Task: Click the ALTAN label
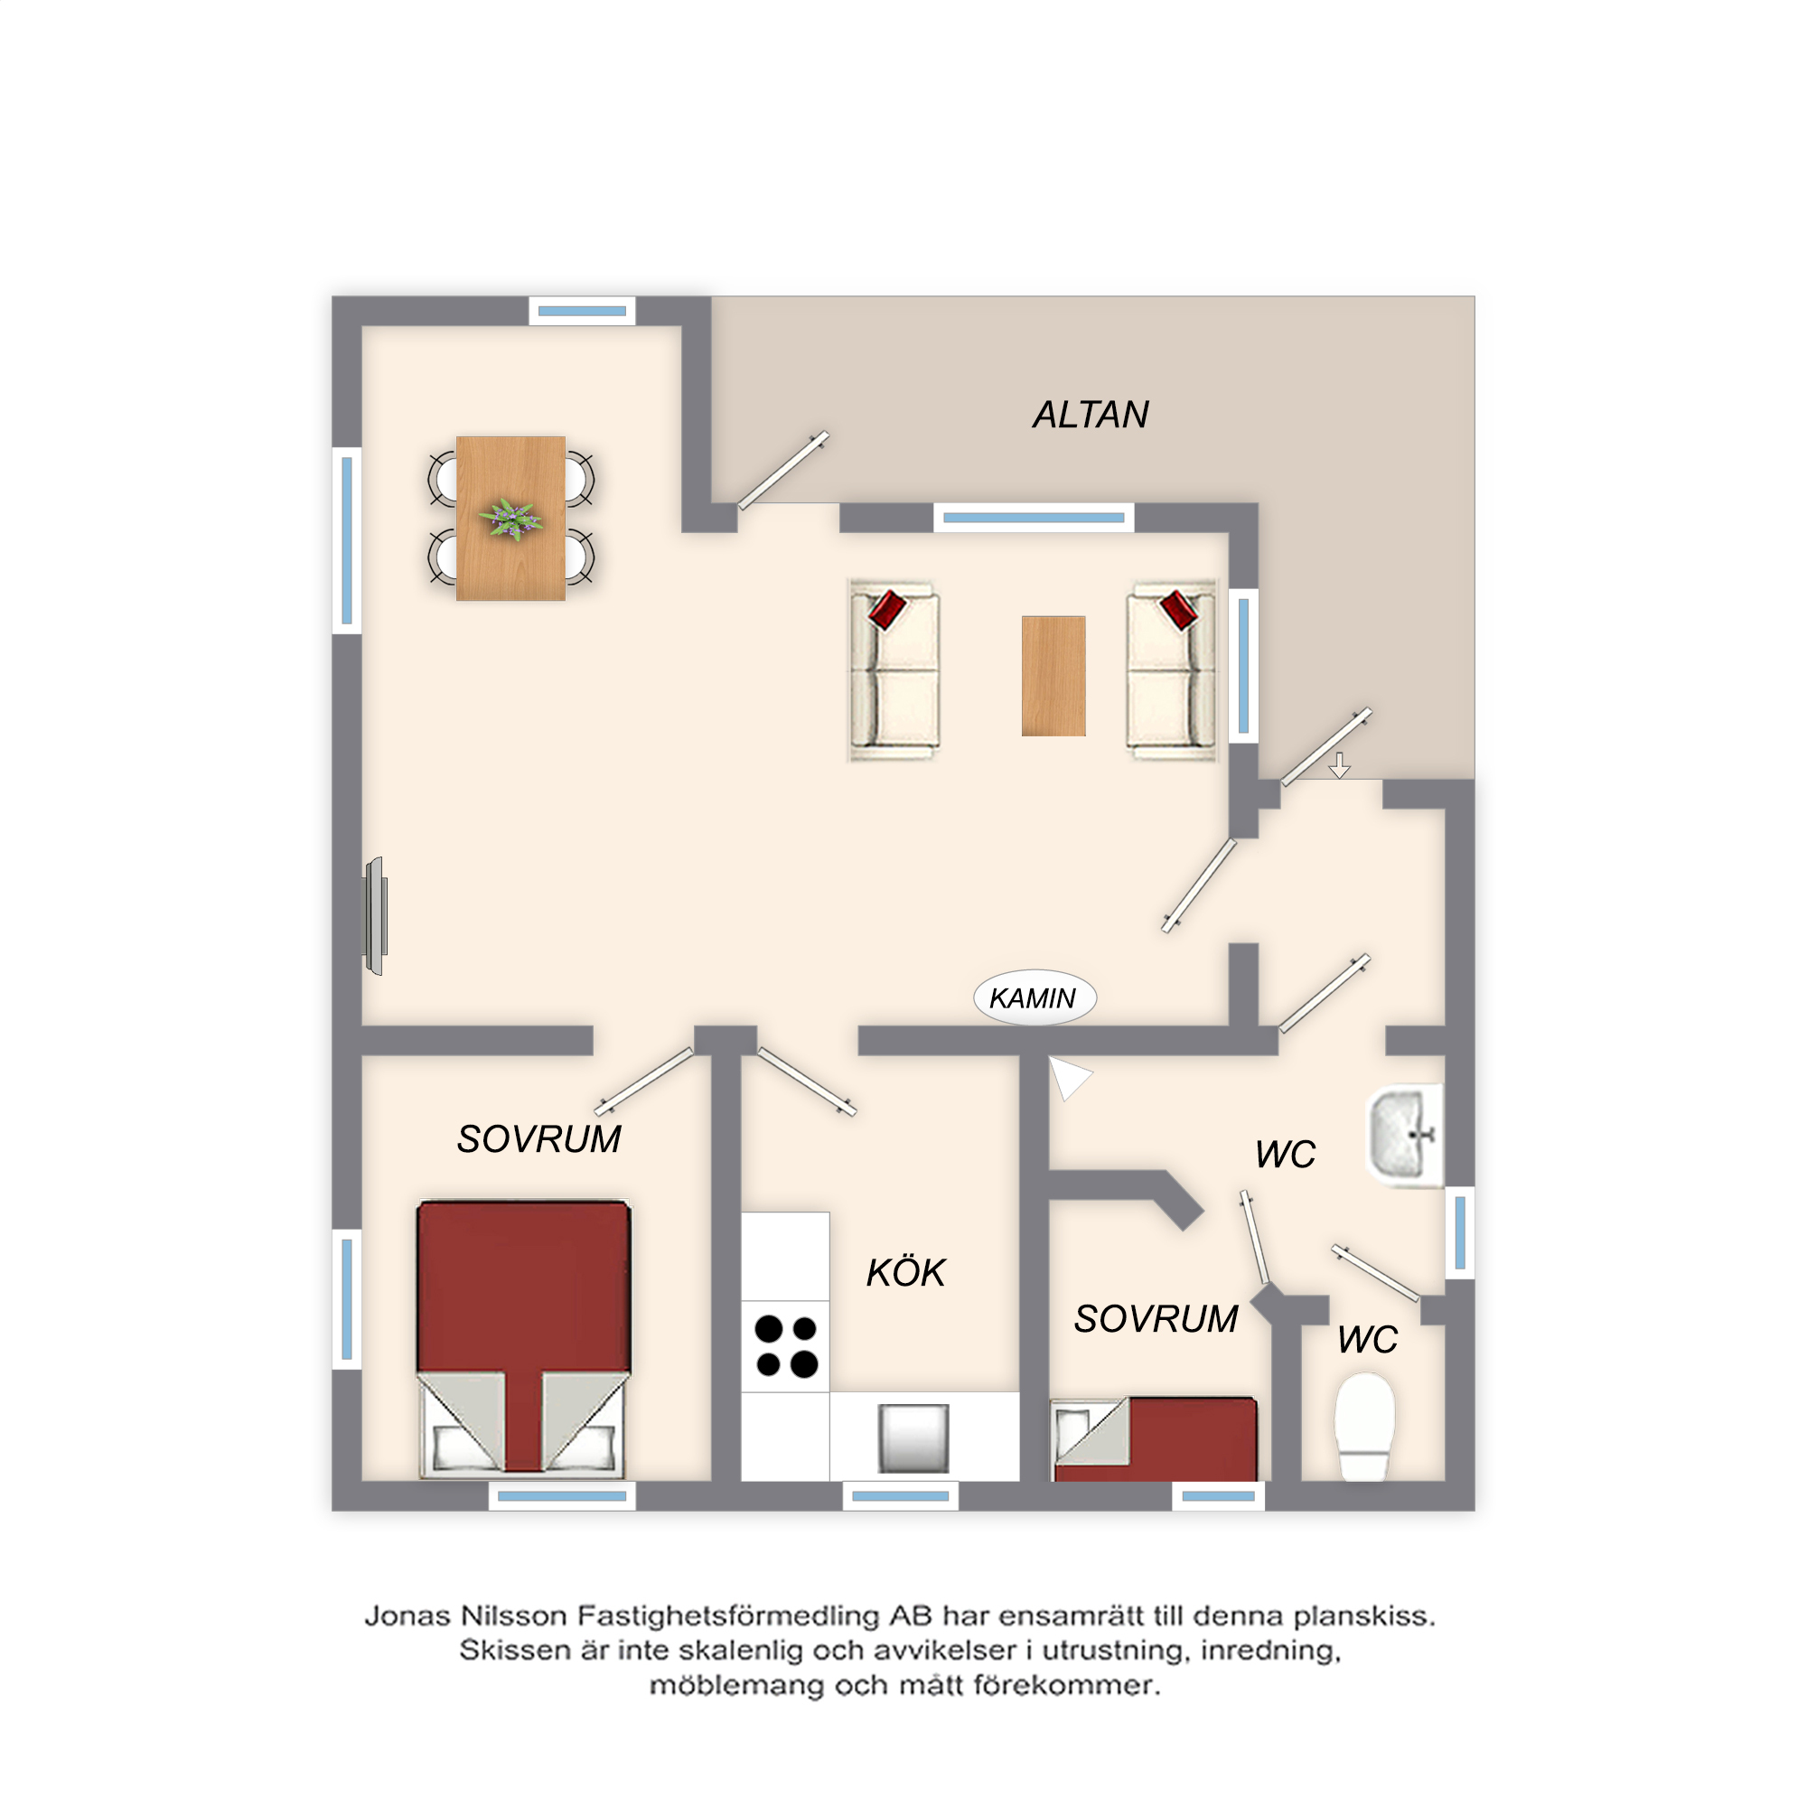click(x=1091, y=415)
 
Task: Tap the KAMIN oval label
click(x=1035, y=998)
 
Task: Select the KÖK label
click(x=905, y=1272)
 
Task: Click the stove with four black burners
click(x=786, y=1347)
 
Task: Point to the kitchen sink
click(x=913, y=1438)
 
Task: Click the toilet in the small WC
click(x=1364, y=1427)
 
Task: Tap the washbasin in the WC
click(x=1406, y=1136)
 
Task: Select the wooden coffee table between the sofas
click(x=1053, y=675)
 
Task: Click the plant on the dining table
click(x=510, y=518)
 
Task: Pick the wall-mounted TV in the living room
click(x=376, y=916)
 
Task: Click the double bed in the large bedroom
click(x=524, y=1339)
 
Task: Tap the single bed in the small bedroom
click(x=1155, y=1439)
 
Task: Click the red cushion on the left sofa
click(x=886, y=609)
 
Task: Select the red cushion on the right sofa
click(x=1178, y=609)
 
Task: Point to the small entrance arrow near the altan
click(x=1339, y=765)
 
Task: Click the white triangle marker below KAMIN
click(x=1069, y=1077)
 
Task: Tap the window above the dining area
click(x=582, y=312)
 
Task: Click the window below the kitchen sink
click(x=900, y=1496)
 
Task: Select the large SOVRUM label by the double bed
click(x=538, y=1139)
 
